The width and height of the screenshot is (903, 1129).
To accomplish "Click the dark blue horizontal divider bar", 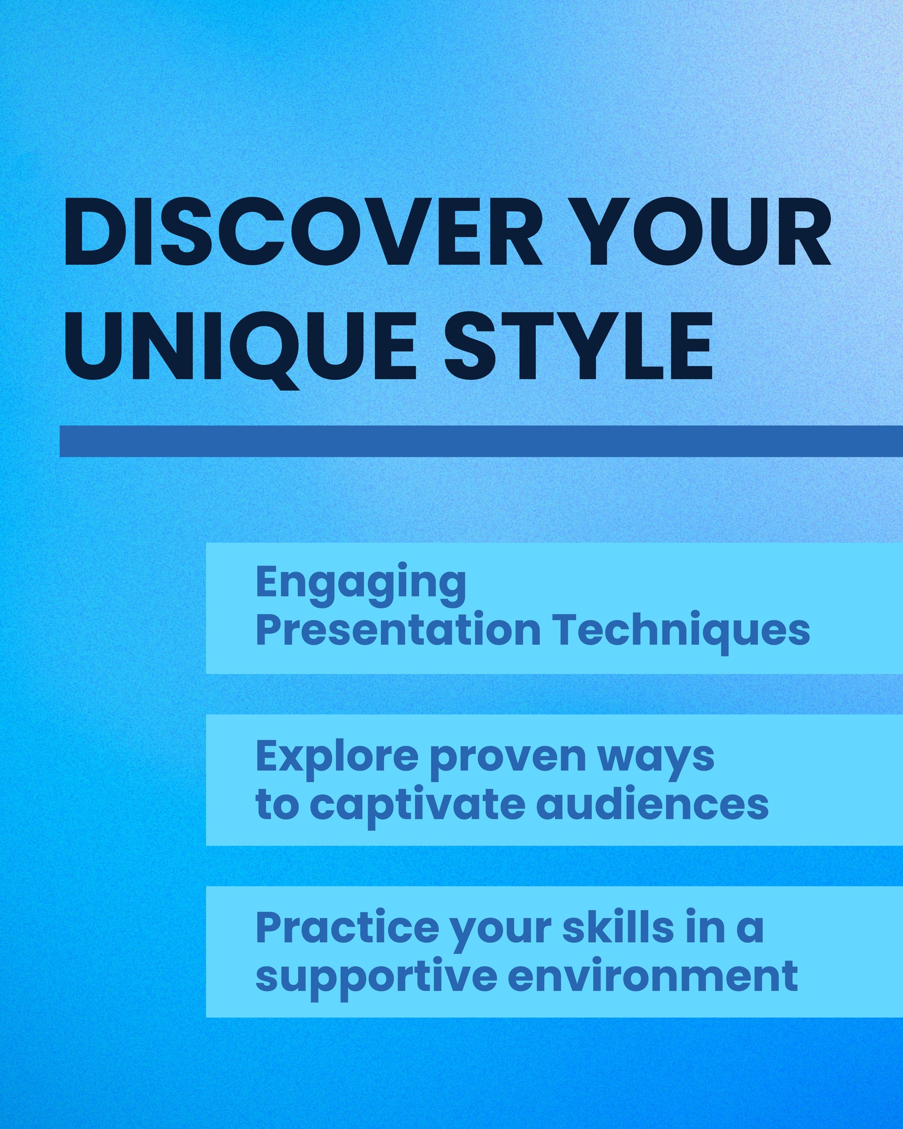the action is coord(481,441).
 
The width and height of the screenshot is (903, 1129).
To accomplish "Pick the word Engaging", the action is coord(361,585).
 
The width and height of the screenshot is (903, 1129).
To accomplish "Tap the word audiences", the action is coord(653,804).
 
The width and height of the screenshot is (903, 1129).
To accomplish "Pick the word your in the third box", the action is coord(501,932).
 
